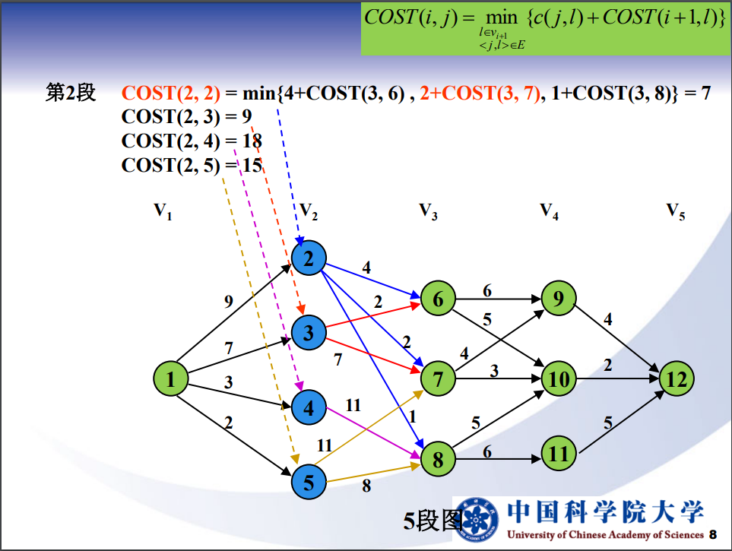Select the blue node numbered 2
(309, 260)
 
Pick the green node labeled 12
(676, 378)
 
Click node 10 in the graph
(559, 378)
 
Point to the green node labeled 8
(437, 459)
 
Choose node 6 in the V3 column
(438, 299)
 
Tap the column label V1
(163, 211)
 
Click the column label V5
(676, 211)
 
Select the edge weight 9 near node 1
(228, 301)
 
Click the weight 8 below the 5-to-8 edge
(366, 486)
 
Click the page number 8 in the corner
(712, 534)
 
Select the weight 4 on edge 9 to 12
(607, 319)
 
